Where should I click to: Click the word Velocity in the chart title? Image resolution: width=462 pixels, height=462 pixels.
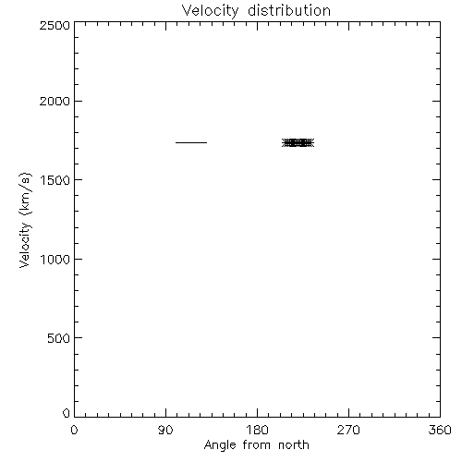210,11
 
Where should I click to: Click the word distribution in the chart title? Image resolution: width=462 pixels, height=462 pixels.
289,10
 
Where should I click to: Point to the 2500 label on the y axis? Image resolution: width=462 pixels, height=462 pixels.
55,25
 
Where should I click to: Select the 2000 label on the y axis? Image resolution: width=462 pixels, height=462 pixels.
55,101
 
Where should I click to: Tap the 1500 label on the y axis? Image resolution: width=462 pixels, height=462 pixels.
55,180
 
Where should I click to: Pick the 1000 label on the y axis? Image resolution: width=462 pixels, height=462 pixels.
55,260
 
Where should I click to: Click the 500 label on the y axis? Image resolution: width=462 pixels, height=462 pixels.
59,338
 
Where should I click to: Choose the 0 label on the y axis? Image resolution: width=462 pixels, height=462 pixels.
67,413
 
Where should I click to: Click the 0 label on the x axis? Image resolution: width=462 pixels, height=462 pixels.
74,430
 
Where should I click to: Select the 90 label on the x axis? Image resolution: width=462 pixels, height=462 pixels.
165,430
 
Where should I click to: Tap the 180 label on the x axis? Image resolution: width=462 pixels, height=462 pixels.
257,430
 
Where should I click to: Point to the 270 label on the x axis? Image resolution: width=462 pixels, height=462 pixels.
348,430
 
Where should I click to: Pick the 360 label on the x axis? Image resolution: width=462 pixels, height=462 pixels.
440,430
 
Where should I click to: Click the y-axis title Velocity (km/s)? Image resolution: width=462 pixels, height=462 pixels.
25,220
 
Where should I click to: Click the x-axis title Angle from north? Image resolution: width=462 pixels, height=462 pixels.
257,445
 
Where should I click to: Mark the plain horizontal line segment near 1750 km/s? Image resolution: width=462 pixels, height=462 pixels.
191,142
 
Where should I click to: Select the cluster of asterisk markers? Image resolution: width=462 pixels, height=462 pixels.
298,143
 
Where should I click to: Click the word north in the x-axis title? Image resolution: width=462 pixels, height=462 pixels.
294,444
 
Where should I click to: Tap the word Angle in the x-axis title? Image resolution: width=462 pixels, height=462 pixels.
220,446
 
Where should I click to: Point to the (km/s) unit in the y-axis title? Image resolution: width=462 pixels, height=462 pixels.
25,194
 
